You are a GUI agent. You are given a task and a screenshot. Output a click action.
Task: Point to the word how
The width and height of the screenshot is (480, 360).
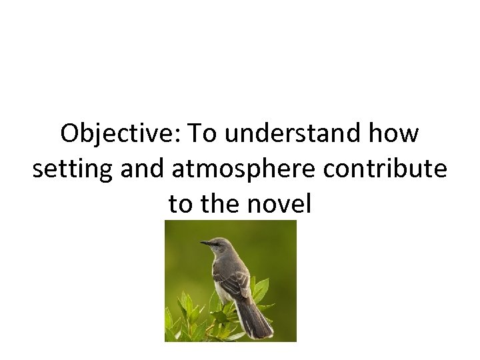[401, 134]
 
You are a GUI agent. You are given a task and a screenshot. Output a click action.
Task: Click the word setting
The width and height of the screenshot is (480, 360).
[72, 169]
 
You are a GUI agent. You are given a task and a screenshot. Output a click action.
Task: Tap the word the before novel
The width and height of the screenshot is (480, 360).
[222, 204]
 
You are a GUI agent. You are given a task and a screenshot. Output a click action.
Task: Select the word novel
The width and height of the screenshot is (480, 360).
[281, 204]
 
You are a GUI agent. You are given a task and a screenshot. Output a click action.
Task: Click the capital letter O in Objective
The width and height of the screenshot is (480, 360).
[69, 134]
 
